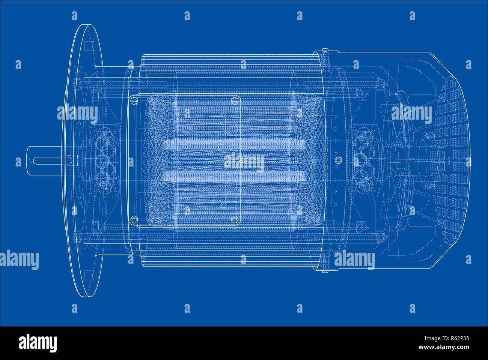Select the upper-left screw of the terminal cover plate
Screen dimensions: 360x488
(134, 100)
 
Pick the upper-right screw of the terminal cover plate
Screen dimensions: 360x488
(235, 100)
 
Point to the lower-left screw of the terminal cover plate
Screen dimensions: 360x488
(134, 219)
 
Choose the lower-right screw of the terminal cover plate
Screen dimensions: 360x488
(235, 219)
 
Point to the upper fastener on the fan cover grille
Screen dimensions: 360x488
(427, 135)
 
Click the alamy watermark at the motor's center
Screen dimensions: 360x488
(244, 162)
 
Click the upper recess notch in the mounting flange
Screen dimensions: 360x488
(89, 46)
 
